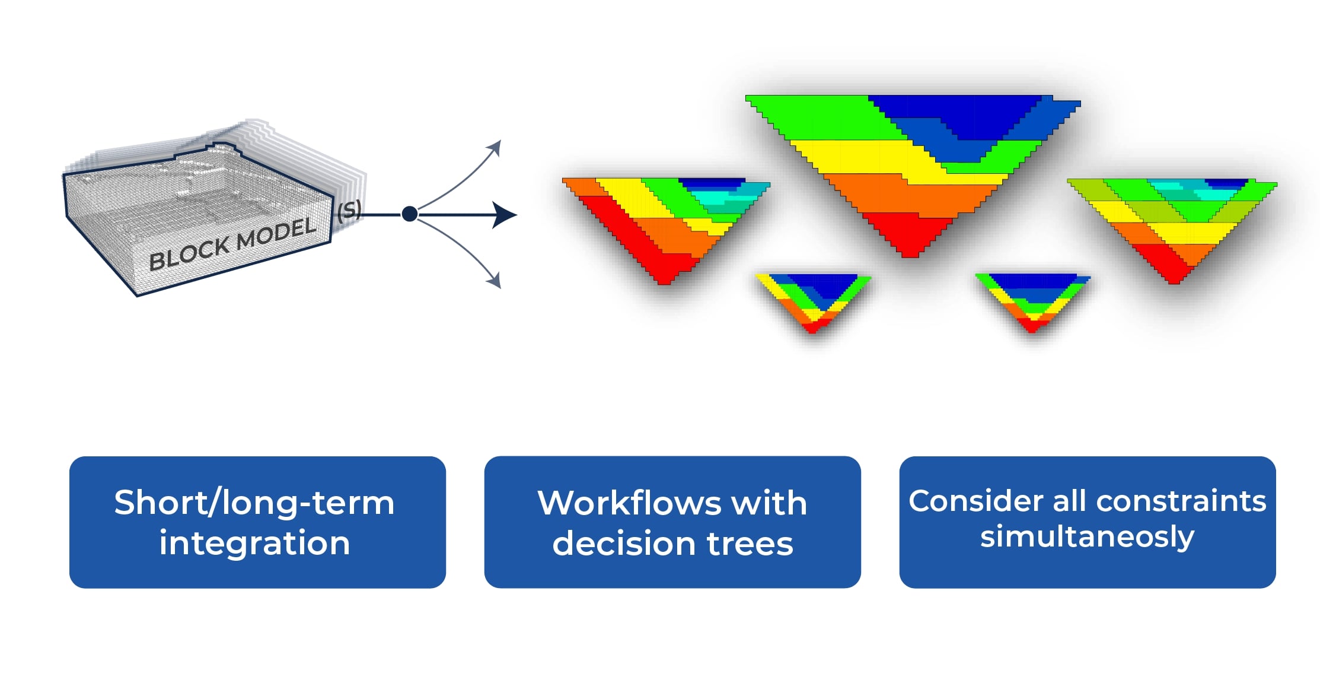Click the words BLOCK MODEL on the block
[x=232, y=244]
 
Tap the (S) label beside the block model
[x=349, y=211]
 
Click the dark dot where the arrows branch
[x=409, y=214]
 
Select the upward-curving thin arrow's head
[x=495, y=148]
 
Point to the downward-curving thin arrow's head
[x=495, y=281]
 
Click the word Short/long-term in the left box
[x=254, y=503]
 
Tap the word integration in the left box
[x=254, y=544]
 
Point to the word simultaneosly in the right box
[x=1086, y=537]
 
